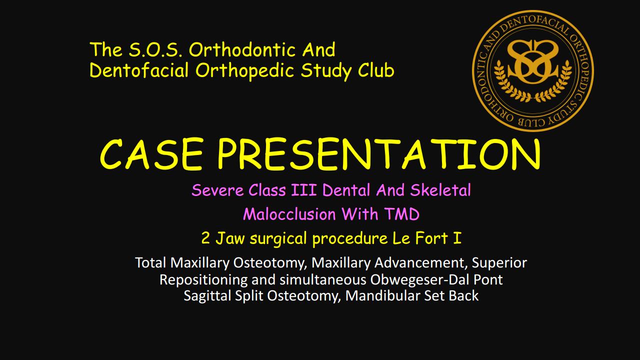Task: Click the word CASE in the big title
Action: click(151, 154)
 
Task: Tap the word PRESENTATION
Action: click(378, 154)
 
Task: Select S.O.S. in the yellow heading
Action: click(155, 49)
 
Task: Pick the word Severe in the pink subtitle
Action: click(217, 190)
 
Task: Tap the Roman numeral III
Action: click(303, 190)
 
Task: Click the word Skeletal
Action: click(440, 190)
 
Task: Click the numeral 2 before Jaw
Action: click(205, 238)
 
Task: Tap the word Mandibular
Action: click(383, 295)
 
